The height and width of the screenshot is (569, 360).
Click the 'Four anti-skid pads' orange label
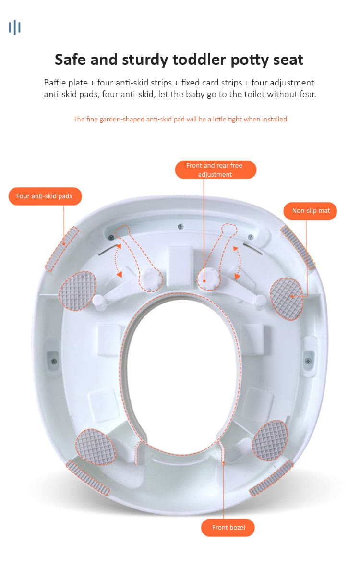[x=45, y=196]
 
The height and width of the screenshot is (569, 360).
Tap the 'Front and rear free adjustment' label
[x=216, y=170]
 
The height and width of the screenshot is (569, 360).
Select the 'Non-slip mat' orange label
[x=310, y=211]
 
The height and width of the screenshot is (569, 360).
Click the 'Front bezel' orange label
[x=228, y=527]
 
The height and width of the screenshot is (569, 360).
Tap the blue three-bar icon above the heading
[x=14, y=27]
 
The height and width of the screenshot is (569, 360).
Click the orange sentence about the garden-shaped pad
[x=180, y=119]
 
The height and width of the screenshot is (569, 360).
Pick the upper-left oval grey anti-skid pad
[x=77, y=291]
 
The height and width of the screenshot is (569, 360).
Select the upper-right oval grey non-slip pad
[x=287, y=299]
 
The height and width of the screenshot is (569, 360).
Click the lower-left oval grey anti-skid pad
[x=96, y=447]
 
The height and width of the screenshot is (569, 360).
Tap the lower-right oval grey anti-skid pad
[x=270, y=440]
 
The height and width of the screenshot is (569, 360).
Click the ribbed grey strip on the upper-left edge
[x=62, y=249]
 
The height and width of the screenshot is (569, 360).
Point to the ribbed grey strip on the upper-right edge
[x=298, y=247]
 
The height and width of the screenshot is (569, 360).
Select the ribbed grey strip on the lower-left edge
[x=87, y=478]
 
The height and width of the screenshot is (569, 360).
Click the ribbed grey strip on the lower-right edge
[x=271, y=478]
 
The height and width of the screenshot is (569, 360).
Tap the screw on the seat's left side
[x=54, y=361]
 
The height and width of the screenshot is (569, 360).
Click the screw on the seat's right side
[x=308, y=361]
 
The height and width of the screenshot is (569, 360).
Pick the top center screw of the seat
[x=180, y=227]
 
